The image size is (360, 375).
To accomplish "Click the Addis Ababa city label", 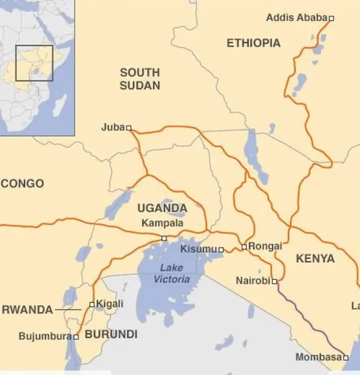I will click(x=296, y=18).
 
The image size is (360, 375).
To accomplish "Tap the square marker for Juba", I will click(x=129, y=128).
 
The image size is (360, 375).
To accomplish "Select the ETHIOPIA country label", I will click(x=253, y=43).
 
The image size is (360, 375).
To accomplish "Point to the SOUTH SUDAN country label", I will click(x=140, y=79).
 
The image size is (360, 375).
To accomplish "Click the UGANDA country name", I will click(x=162, y=208).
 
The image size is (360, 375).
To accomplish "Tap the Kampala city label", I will click(x=162, y=224).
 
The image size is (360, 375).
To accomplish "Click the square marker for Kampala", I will click(x=164, y=238).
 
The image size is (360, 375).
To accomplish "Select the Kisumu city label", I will click(x=199, y=249).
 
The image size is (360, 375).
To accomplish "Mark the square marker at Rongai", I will click(x=244, y=247).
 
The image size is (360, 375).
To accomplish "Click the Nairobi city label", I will click(x=253, y=280).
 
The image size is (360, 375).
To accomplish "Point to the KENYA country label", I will click(x=315, y=259).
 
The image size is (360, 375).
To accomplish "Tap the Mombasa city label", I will click(x=318, y=358).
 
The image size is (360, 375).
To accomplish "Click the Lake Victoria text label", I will click(x=172, y=273).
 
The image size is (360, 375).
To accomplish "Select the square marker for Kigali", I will click(x=92, y=305).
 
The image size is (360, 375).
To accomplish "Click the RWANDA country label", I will click(x=28, y=310).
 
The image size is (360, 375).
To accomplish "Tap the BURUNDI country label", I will click(x=111, y=334).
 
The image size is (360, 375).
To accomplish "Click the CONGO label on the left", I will click(x=22, y=184).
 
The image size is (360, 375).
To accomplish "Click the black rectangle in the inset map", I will click(x=34, y=63).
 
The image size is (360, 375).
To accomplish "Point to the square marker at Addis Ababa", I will click(x=331, y=18).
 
